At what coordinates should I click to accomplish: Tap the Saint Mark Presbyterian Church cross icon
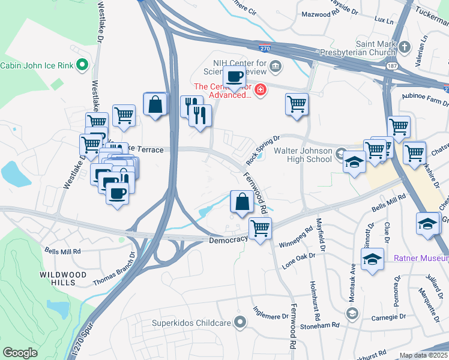[x=405, y=46]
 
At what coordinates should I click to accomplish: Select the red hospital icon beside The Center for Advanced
[x=261, y=91]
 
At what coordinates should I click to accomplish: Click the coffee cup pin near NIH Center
[x=234, y=77]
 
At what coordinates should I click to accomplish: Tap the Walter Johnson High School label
[x=303, y=155]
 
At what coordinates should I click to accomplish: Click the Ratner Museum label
[x=421, y=259]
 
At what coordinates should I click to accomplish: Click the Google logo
[x=20, y=352]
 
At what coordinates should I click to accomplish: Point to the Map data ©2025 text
[x=424, y=355]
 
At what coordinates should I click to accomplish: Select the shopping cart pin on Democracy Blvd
[x=261, y=229]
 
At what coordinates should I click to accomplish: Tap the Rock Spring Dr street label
[x=263, y=151]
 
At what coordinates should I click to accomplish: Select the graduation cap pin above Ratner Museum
[x=372, y=259]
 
